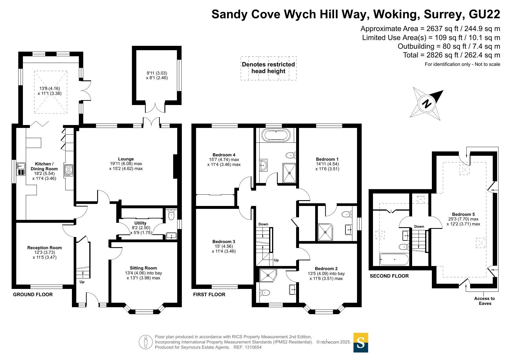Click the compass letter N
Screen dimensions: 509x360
click(427, 104)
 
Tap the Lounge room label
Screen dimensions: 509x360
click(126, 159)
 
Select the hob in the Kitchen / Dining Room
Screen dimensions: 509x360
click(69, 170)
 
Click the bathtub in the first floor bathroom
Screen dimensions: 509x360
click(276, 135)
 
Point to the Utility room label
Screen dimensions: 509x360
click(140, 223)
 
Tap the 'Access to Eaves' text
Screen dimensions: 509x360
click(485, 301)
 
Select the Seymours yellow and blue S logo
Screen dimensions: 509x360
click(361, 343)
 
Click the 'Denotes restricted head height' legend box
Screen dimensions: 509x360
click(269, 68)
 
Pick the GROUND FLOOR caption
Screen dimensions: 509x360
click(33, 294)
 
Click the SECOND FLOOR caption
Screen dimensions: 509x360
click(389, 276)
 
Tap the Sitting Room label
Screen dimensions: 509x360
click(143, 268)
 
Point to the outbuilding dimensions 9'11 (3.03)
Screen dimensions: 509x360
click(157, 73)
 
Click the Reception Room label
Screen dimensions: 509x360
click(45, 248)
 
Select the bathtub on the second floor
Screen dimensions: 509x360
click(394, 259)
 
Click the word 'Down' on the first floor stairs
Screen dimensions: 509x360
click(263, 224)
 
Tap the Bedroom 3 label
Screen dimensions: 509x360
click(224, 242)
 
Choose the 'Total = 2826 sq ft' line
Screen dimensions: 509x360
click(452, 55)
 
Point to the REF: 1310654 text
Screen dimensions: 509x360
click(248, 347)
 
